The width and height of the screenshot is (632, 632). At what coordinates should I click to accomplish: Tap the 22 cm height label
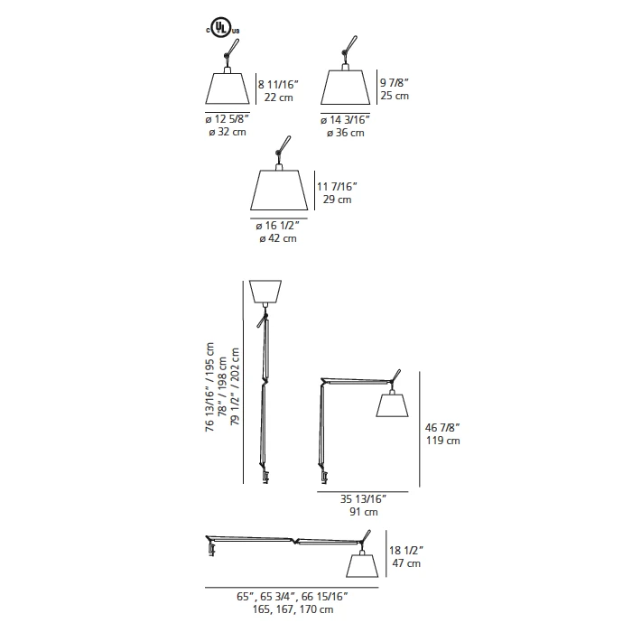(x=278, y=98)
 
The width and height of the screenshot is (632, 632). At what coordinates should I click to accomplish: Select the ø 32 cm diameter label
(x=228, y=132)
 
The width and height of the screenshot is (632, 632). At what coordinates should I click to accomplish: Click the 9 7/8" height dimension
(x=395, y=83)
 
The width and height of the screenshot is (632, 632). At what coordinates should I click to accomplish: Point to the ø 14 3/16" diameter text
(x=346, y=120)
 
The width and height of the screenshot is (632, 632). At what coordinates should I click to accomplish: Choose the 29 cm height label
(x=337, y=200)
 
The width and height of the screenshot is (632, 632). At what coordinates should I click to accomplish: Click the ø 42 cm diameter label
(x=278, y=238)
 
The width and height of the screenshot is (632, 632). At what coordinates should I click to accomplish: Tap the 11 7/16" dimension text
(x=337, y=187)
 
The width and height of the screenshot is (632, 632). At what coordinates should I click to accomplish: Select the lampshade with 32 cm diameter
(x=228, y=88)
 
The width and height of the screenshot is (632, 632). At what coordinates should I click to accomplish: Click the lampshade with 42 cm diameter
(x=279, y=190)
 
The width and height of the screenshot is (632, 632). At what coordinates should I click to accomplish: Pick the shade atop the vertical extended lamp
(x=265, y=292)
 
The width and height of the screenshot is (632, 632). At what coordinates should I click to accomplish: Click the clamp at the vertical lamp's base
(x=265, y=477)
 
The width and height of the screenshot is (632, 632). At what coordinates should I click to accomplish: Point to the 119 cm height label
(x=443, y=441)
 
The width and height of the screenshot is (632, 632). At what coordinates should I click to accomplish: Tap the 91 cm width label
(x=364, y=512)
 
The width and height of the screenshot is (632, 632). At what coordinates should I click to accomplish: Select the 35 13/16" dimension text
(x=364, y=499)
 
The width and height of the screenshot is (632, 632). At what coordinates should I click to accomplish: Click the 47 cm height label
(x=406, y=563)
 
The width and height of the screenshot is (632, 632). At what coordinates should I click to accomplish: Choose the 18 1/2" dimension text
(x=406, y=551)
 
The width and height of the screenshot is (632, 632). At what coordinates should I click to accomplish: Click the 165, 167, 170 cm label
(x=293, y=609)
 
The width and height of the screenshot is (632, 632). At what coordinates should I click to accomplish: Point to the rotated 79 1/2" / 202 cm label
(x=235, y=387)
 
